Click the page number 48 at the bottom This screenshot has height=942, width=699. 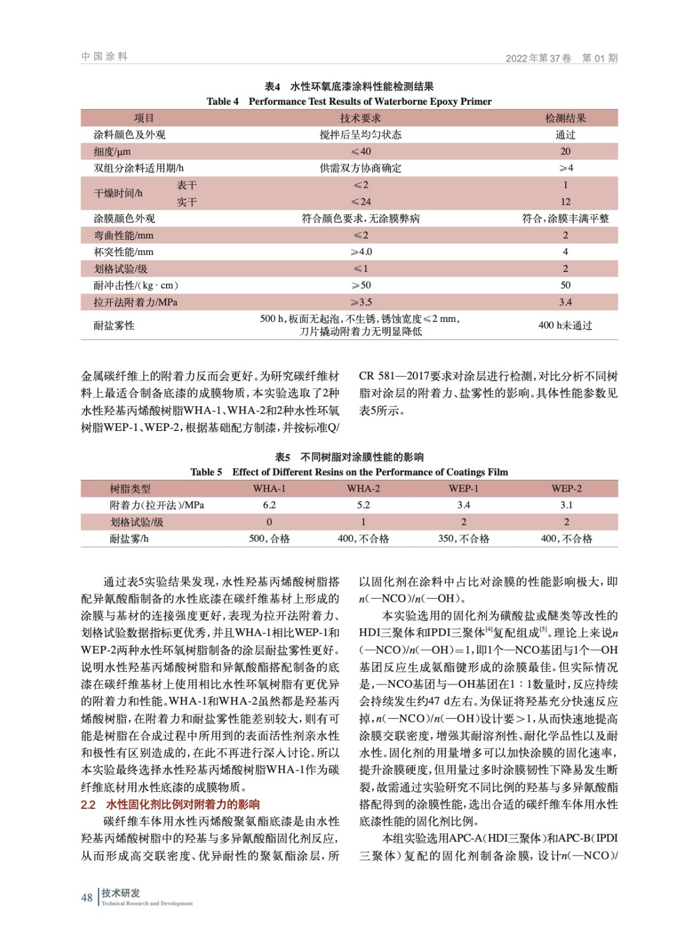(x=87, y=897)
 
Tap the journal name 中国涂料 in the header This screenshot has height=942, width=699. (x=104, y=57)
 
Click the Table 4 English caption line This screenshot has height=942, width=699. (x=349, y=101)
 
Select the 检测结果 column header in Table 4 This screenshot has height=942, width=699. (x=565, y=118)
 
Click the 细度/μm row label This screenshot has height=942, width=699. (x=112, y=151)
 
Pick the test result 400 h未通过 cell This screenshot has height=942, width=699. (x=565, y=325)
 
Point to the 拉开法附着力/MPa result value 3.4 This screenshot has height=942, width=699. (x=565, y=302)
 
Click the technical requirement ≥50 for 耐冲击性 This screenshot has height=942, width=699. (x=361, y=286)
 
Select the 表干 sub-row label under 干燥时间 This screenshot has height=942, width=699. (x=187, y=185)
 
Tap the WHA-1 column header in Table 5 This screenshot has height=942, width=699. (x=269, y=489)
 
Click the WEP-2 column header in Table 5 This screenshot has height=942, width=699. (x=566, y=489)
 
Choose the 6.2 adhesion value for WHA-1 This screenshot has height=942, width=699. (x=269, y=505)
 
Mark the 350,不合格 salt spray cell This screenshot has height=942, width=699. (x=463, y=539)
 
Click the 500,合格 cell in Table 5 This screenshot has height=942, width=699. (x=269, y=539)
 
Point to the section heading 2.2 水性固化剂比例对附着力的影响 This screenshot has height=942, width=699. (x=170, y=804)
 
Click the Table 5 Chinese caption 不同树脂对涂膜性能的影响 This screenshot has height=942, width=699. (x=349, y=457)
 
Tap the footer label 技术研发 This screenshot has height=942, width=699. (x=121, y=893)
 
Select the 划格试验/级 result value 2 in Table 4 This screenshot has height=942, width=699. (x=565, y=269)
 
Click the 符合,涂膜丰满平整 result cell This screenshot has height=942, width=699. (x=565, y=218)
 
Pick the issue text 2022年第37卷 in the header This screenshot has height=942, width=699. (x=538, y=58)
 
